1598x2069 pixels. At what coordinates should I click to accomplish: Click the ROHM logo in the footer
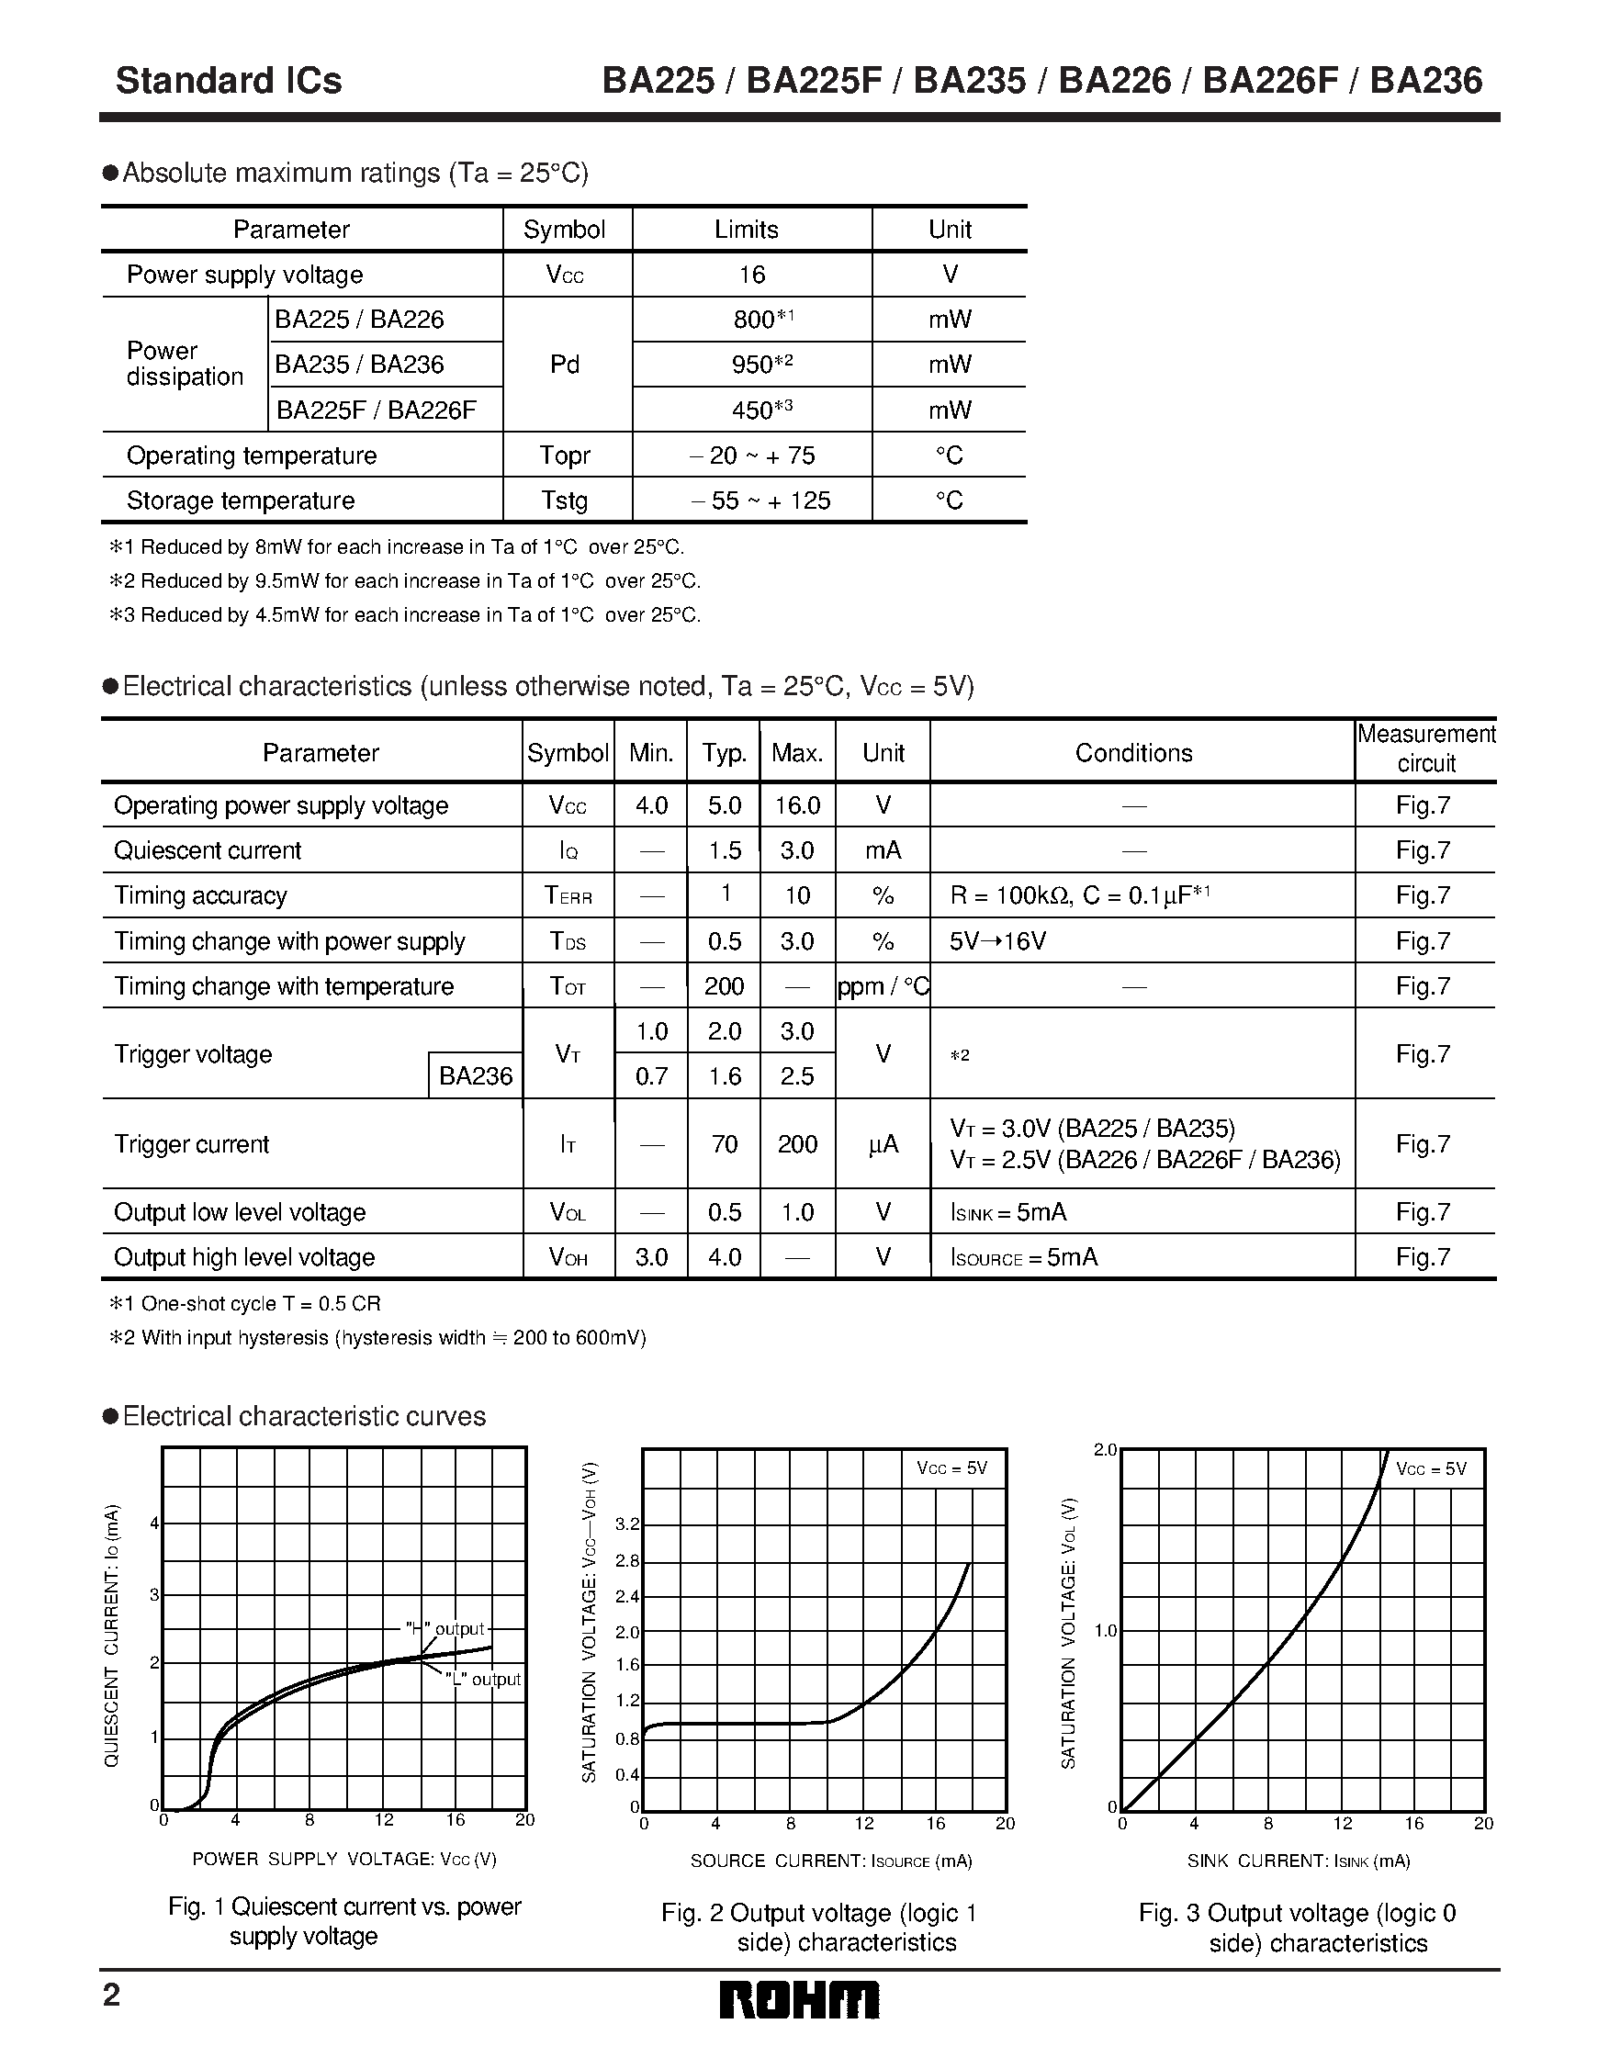[x=798, y=2001]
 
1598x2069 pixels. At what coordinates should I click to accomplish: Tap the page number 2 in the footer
[x=112, y=1996]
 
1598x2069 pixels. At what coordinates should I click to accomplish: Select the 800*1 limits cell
[x=762, y=320]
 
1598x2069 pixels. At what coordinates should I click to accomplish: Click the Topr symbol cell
[x=565, y=455]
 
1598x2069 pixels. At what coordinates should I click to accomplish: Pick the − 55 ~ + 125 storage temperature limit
[x=760, y=500]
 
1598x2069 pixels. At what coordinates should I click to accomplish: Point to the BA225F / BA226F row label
[x=376, y=410]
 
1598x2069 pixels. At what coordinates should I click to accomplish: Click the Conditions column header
[x=1133, y=753]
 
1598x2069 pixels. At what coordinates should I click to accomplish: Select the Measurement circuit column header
[x=1425, y=748]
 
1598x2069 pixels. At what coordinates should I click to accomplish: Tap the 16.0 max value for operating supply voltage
[x=796, y=805]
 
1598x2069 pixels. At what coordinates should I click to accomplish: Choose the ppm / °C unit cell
[x=883, y=986]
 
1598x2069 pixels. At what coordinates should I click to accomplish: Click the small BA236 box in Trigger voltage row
[x=476, y=1076]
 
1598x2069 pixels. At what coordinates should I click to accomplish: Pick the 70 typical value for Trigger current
[x=725, y=1144]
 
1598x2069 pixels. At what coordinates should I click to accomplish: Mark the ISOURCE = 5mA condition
[x=1024, y=1257]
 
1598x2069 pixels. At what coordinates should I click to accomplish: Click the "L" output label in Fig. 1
[x=483, y=1680]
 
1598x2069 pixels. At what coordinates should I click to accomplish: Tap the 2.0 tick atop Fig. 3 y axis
[x=1106, y=1450]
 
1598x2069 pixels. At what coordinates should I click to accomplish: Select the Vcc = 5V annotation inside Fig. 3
[x=1430, y=1469]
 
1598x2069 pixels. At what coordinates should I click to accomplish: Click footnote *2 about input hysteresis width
[x=379, y=1338]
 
